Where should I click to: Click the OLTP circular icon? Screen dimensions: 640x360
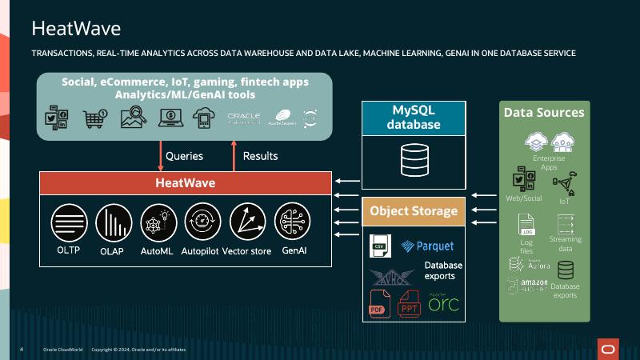[69, 222]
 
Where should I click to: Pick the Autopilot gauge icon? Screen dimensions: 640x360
[202, 222]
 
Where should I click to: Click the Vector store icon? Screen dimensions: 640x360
[247, 222]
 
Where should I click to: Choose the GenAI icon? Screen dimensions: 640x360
[292, 222]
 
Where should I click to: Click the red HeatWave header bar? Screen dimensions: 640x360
[185, 183]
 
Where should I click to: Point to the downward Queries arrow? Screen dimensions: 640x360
[161, 156]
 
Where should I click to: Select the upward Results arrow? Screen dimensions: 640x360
[234, 156]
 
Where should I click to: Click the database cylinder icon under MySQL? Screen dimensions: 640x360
[414, 159]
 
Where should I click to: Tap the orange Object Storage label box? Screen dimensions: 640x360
[414, 211]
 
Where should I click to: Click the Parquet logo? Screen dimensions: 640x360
[428, 246]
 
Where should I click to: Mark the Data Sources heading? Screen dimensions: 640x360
[544, 112]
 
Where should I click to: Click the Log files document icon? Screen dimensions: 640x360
[526, 226]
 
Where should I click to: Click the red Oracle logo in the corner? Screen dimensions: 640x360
[608, 349]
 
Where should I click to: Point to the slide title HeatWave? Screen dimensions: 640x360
[76, 29]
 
